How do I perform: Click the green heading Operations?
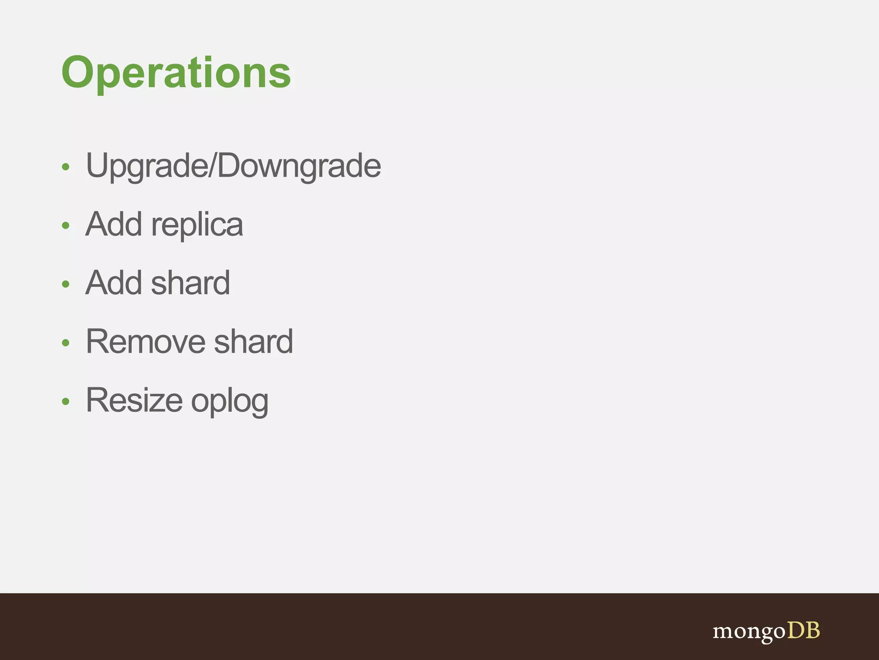pos(176,73)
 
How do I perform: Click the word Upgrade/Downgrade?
pos(233,166)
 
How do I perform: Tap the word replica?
pos(197,225)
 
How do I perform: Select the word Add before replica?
pos(114,224)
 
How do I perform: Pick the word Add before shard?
pos(114,283)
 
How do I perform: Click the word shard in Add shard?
pos(191,283)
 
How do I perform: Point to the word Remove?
pos(145,342)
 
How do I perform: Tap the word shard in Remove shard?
pos(253,342)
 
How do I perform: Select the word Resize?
pos(134,400)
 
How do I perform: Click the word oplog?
pos(230,402)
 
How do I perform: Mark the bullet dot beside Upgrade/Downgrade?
pos(65,167)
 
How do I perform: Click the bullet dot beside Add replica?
pos(65,225)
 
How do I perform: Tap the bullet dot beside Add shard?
pos(65,284)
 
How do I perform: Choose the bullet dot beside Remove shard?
pos(65,342)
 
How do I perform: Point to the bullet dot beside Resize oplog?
pos(65,401)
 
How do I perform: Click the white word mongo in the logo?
pos(749,632)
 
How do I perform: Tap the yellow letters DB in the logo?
pos(803,631)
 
